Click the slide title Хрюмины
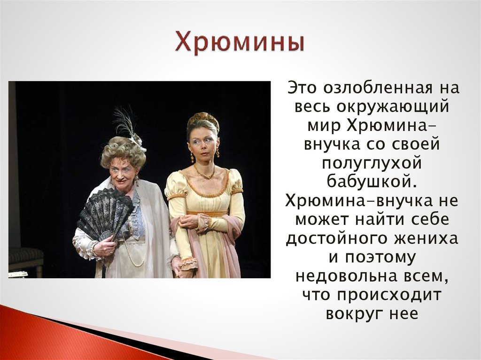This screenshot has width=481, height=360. pyautogui.click(x=240, y=43)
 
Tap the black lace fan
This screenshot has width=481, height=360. pyautogui.click(x=105, y=214)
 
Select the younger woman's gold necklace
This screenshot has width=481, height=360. pyautogui.click(x=205, y=172)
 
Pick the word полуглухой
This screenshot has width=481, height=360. pyautogui.click(x=372, y=163)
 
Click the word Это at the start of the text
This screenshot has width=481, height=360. pyautogui.click(x=302, y=88)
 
